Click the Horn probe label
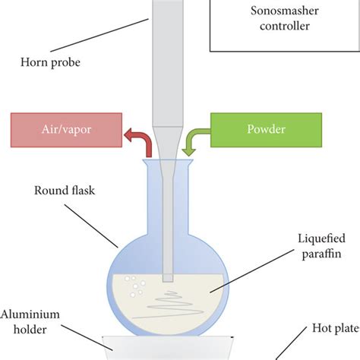pyautogui.click(x=52, y=62)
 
